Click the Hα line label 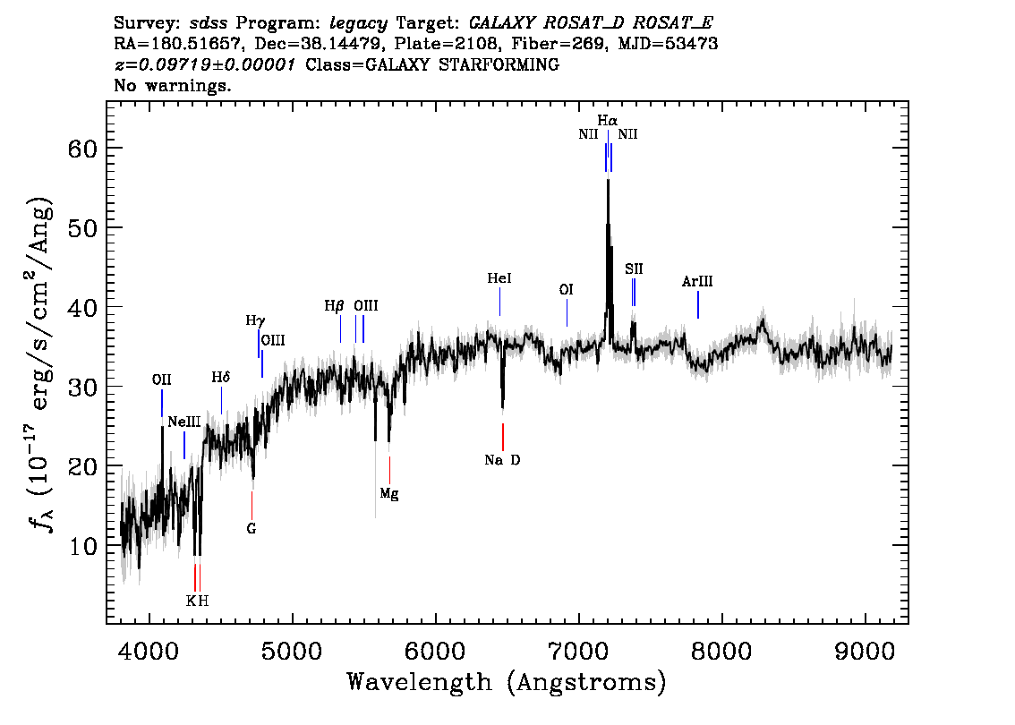point(607,121)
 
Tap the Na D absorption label point(502,460)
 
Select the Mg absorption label point(389,494)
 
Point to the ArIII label point(697,282)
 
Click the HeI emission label point(499,278)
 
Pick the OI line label point(567,289)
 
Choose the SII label point(634,269)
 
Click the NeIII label point(183,422)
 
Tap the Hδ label point(221,378)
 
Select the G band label point(252,529)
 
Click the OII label point(161,380)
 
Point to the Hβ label point(334,305)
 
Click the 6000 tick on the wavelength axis point(436,652)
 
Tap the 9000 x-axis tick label point(865,652)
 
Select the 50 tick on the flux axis point(82,228)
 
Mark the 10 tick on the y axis point(82,546)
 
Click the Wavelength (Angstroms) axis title point(507,682)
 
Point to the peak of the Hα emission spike point(608,179)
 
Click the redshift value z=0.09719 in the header point(205,64)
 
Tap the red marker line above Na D point(502,437)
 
